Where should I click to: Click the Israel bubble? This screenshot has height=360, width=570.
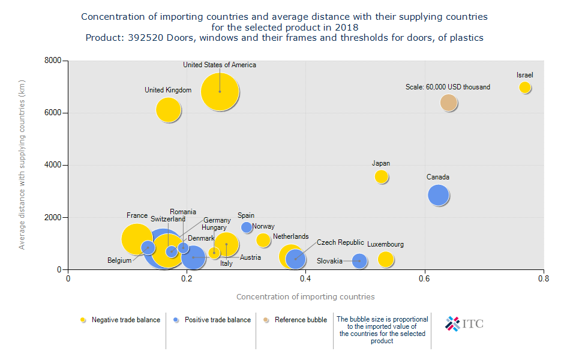pyautogui.click(x=525, y=88)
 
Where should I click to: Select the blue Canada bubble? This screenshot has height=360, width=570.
pyautogui.click(x=439, y=195)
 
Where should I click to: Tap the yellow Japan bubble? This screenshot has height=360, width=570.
pyautogui.click(x=382, y=176)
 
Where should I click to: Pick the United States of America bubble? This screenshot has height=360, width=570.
pyautogui.click(x=220, y=92)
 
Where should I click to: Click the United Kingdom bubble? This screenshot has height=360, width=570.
pyautogui.click(x=169, y=110)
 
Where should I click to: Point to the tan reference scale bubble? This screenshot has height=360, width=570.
pyautogui.click(x=449, y=103)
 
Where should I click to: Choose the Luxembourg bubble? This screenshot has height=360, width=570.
pyautogui.click(x=386, y=259)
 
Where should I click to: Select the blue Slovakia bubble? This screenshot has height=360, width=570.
pyautogui.click(x=359, y=261)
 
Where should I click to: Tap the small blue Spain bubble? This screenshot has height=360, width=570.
pyautogui.click(x=247, y=227)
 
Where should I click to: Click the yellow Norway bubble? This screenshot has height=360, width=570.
pyautogui.click(x=263, y=241)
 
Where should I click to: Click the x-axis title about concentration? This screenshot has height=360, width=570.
pyautogui.click(x=305, y=296)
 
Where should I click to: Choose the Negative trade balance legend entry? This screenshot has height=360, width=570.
pyautogui.click(x=121, y=320)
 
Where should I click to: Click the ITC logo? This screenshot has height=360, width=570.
pyautogui.click(x=464, y=323)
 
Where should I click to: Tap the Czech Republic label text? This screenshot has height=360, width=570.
pyautogui.click(x=340, y=242)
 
